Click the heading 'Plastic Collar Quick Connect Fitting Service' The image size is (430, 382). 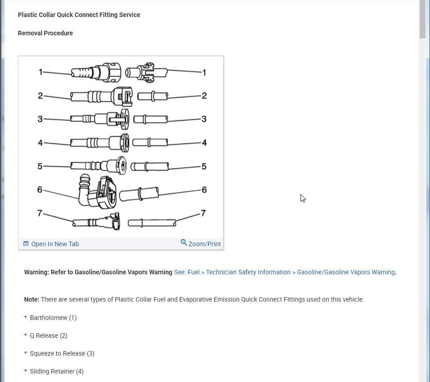pyautogui.click(x=79, y=15)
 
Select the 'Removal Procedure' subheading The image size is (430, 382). pyautogui.click(x=45, y=33)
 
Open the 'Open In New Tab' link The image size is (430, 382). pyautogui.click(x=55, y=244)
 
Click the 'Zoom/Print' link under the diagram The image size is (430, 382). pyautogui.click(x=204, y=244)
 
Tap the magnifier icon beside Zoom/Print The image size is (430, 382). pyautogui.click(x=184, y=243)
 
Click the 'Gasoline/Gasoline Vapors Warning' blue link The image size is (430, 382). pyautogui.click(x=346, y=272)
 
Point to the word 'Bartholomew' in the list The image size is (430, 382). pyautogui.click(x=49, y=318)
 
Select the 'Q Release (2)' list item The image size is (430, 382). pyautogui.click(x=48, y=336)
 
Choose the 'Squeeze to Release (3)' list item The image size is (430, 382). pyautogui.click(x=62, y=353)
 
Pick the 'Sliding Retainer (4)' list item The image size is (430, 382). pyautogui.click(x=56, y=371)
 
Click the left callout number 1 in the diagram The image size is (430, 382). pyautogui.click(x=40, y=72)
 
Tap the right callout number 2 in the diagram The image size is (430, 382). pyautogui.click(x=204, y=96)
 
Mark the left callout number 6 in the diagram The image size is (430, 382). pyautogui.click(x=40, y=189)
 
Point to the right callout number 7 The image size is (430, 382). pyautogui.click(x=203, y=213)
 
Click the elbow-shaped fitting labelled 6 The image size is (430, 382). pyautogui.click(x=96, y=192)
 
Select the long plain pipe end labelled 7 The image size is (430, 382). pyautogui.click(x=152, y=222)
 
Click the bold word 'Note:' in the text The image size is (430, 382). pyautogui.click(x=32, y=299)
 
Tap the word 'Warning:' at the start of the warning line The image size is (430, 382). pyautogui.click(x=37, y=272)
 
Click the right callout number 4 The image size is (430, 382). pyautogui.click(x=204, y=143)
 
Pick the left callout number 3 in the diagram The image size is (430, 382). pyautogui.click(x=40, y=119)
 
